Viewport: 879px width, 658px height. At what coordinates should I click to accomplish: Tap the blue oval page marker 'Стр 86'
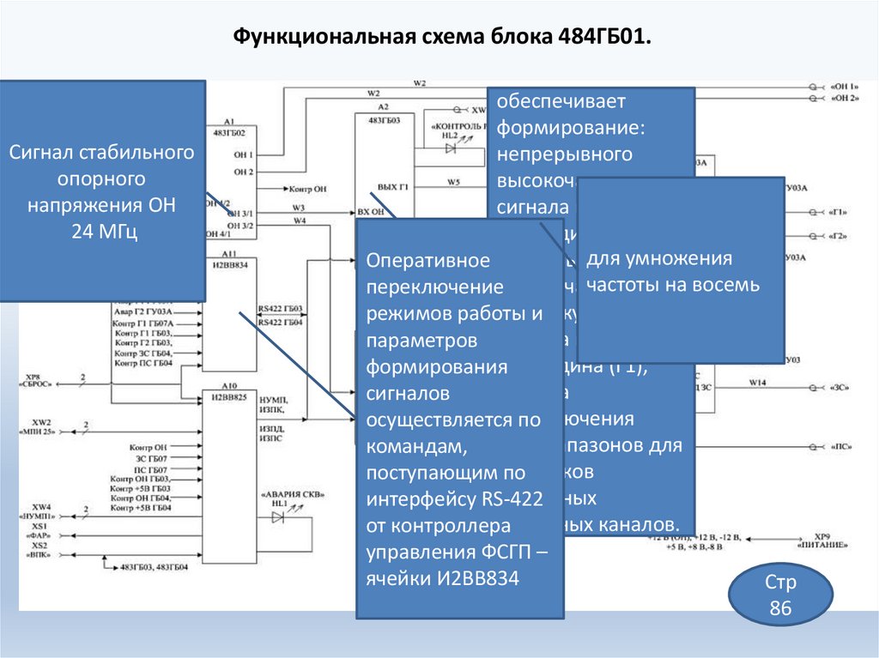780,596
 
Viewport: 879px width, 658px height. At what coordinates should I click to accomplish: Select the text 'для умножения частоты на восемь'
672,272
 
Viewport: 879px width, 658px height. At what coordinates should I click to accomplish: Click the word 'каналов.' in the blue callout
642,524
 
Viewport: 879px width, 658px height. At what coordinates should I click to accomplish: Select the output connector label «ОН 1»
845,88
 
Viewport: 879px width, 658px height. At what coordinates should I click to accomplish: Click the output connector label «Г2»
839,236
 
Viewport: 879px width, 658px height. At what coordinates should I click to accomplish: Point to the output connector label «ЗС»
840,388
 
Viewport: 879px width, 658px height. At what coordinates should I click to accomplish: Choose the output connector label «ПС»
840,448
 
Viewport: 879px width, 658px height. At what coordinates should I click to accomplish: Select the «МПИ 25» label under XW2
42,432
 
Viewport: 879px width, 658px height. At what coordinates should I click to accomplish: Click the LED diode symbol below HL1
278,517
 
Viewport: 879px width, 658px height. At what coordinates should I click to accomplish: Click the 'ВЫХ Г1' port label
393,186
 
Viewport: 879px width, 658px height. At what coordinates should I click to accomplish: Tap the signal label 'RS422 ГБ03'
280,308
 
